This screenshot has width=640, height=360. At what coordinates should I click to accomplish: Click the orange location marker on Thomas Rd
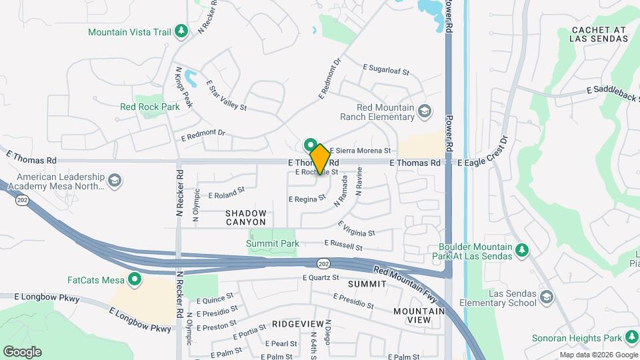[319, 159]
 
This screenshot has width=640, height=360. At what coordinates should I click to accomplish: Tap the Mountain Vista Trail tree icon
[181, 31]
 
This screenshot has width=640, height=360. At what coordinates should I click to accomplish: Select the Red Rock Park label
[150, 107]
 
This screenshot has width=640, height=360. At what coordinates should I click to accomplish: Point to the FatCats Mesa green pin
[135, 279]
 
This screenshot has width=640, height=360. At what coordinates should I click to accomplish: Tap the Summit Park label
[272, 244]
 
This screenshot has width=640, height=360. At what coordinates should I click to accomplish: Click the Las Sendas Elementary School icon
[547, 297]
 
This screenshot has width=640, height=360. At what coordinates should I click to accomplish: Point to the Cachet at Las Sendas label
[599, 35]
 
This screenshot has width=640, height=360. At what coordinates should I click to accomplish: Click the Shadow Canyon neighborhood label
[245, 217]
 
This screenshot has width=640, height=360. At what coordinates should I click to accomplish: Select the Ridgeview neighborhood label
[298, 323]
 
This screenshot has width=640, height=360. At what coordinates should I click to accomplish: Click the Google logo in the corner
[22, 352]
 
